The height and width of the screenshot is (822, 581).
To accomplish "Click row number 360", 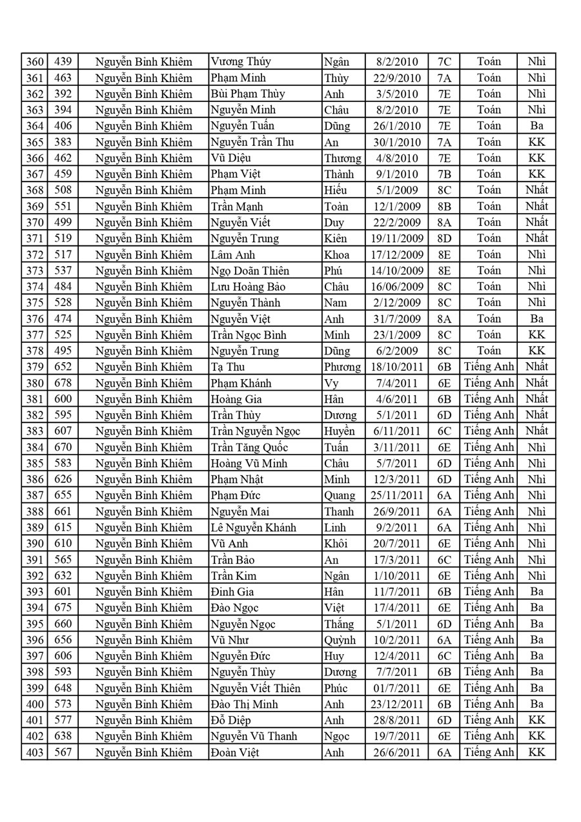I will point(34,62).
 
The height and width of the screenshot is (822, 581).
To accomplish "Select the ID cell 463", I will point(63,78).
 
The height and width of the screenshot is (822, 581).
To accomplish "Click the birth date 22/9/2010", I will point(397,78).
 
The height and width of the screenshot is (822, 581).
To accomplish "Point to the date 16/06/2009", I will point(397,287).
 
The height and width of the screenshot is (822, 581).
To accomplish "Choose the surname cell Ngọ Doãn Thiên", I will point(250,271).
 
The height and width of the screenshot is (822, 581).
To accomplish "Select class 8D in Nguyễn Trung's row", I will point(444,238).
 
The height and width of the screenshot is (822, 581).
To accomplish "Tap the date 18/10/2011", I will point(397,367).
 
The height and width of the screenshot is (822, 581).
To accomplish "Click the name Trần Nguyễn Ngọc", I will point(256,431).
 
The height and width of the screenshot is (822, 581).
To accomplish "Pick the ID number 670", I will point(63,447).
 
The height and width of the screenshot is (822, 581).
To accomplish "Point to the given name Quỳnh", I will point(340,640).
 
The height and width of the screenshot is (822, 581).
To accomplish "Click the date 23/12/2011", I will point(397,704).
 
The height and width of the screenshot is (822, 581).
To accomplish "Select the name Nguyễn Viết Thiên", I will point(256,688).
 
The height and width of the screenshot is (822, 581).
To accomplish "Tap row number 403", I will point(34,752).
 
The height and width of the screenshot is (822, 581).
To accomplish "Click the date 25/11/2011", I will point(397,495).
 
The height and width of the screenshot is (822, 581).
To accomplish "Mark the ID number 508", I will point(63,190).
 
